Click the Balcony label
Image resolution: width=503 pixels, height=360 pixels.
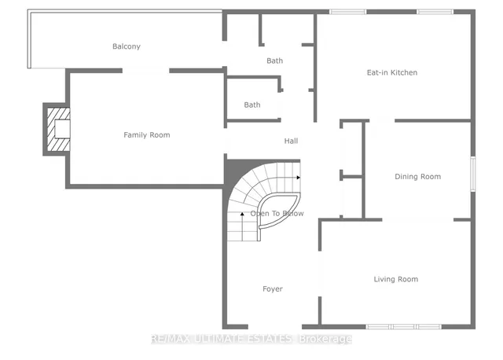[126, 46]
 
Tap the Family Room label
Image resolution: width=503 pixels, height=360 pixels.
[146, 135]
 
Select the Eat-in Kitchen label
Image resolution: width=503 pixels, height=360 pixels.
[391, 72]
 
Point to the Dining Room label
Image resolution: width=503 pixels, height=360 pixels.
[417, 177]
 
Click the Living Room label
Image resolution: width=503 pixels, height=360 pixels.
[395, 279]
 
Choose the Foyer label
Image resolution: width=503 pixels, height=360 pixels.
[272, 289]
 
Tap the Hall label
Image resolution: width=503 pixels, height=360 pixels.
[290, 141]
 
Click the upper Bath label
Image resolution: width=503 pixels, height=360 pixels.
[274, 61]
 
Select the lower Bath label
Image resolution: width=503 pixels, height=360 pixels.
[251, 105]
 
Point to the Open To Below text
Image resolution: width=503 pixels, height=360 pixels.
[277, 214]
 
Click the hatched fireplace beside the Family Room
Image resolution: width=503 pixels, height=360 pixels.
[57, 130]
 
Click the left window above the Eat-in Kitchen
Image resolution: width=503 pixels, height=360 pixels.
[342, 12]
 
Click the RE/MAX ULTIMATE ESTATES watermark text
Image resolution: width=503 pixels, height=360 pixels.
[222, 339]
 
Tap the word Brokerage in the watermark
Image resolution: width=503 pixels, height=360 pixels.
[325, 339]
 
